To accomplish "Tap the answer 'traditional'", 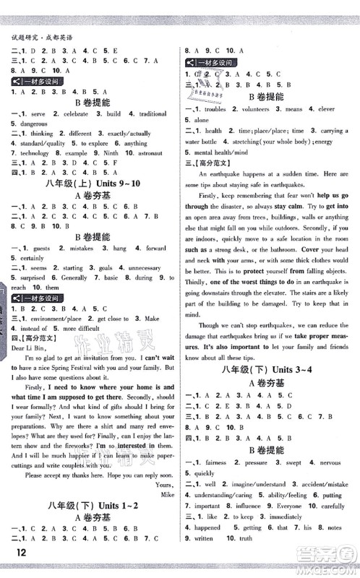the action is click(153, 114).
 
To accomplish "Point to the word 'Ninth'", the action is click(106, 153).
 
